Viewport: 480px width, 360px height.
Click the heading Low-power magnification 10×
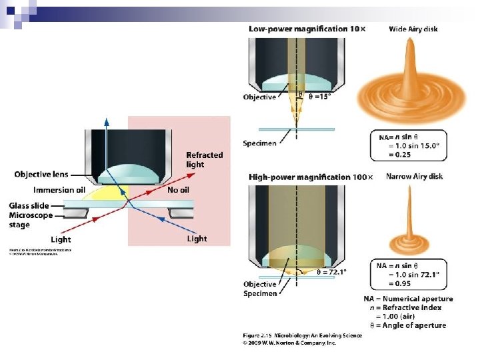point(307,29)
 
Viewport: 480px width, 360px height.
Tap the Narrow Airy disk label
point(414,177)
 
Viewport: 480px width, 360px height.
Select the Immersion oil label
point(59,190)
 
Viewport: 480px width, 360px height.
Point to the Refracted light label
point(204,159)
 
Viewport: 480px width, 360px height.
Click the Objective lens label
point(41,175)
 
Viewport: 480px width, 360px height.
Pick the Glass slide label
point(29,206)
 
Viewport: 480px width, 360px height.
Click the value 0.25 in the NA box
point(408,155)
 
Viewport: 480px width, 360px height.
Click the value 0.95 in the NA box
point(408,283)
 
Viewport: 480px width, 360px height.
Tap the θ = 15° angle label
point(317,97)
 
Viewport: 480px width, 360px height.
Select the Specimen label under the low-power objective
point(260,143)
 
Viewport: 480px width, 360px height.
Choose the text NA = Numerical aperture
point(408,298)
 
